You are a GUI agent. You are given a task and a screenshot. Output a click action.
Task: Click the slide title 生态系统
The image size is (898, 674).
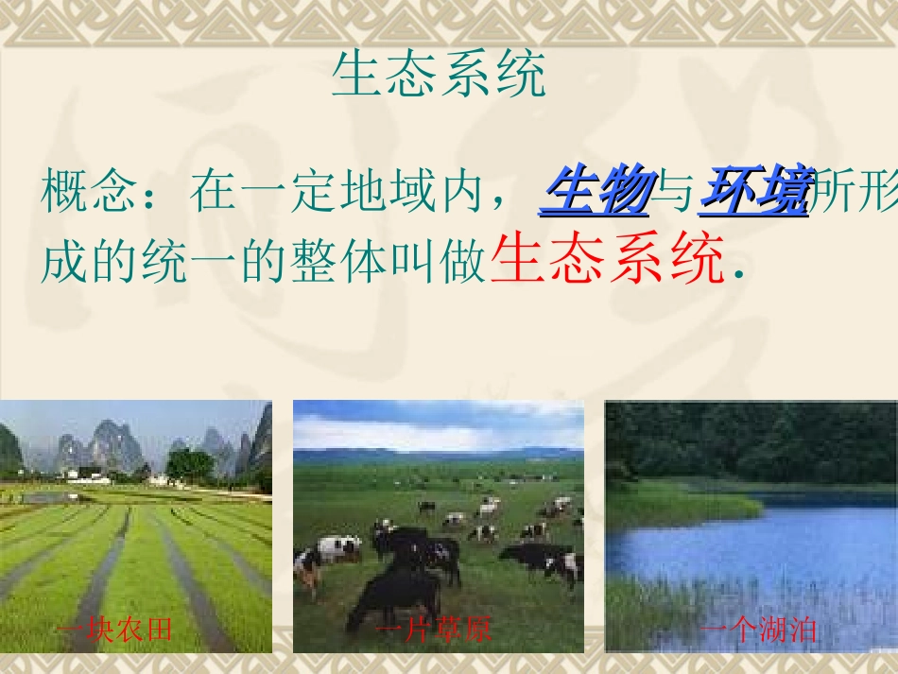(x=439, y=76)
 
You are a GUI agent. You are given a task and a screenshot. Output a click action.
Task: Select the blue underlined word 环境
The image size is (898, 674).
(x=756, y=190)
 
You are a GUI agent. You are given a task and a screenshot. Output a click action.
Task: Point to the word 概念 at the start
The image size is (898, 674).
(x=89, y=191)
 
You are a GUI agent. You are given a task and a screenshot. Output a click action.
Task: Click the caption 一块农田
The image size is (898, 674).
(x=115, y=630)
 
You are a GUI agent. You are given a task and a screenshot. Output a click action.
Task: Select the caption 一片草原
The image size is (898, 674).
(x=435, y=630)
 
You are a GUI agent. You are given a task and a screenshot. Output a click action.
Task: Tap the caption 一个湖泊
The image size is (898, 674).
(x=759, y=630)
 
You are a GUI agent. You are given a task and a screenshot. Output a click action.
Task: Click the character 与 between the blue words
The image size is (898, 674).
(x=675, y=191)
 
